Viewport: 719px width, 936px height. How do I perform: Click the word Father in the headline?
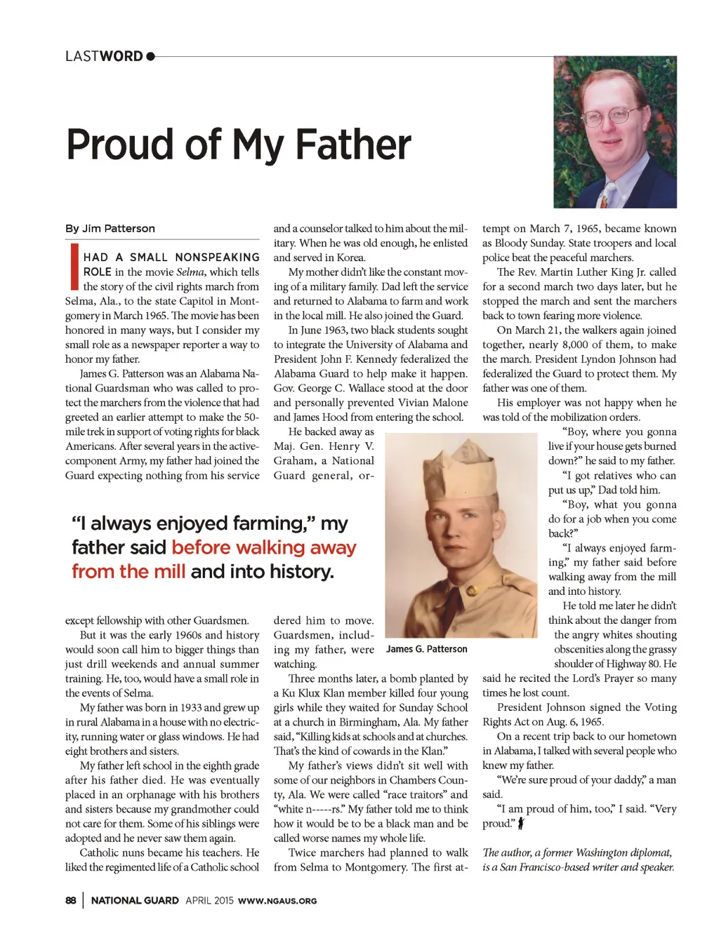pos(352,145)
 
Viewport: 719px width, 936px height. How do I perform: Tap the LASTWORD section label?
pos(104,56)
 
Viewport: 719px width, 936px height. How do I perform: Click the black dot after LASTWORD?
pos(151,56)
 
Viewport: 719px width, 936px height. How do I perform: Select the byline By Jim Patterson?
pos(110,228)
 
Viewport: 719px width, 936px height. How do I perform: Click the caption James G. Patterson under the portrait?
pos(427,649)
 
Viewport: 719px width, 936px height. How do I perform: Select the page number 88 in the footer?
pos(70,900)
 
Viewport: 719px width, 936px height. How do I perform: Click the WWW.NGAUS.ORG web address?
pos(277,901)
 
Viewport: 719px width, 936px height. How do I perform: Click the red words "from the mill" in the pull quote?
pos(128,571)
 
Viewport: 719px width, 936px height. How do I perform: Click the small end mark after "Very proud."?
pos(521,824)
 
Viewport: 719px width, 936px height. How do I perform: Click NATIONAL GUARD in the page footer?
pos(135,900)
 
